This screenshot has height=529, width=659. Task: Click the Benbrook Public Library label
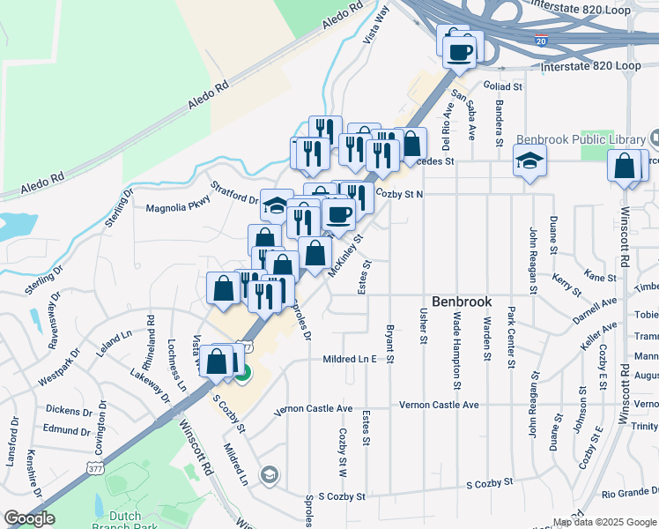[581, 139]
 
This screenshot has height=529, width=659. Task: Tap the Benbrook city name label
[462, 302]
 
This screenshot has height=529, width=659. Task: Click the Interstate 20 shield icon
[541, 41]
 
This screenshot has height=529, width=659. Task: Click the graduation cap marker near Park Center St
[529, 160]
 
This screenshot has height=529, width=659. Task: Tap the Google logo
[30, 518]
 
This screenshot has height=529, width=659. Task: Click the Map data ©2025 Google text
[604, 522]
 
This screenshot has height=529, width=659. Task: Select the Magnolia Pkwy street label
[174, 208]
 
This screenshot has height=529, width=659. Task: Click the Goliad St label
[503, 86]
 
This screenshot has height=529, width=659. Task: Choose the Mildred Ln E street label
[350, 360]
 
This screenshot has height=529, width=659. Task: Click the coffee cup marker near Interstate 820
[458, 50]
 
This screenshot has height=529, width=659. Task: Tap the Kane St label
[600, 278]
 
